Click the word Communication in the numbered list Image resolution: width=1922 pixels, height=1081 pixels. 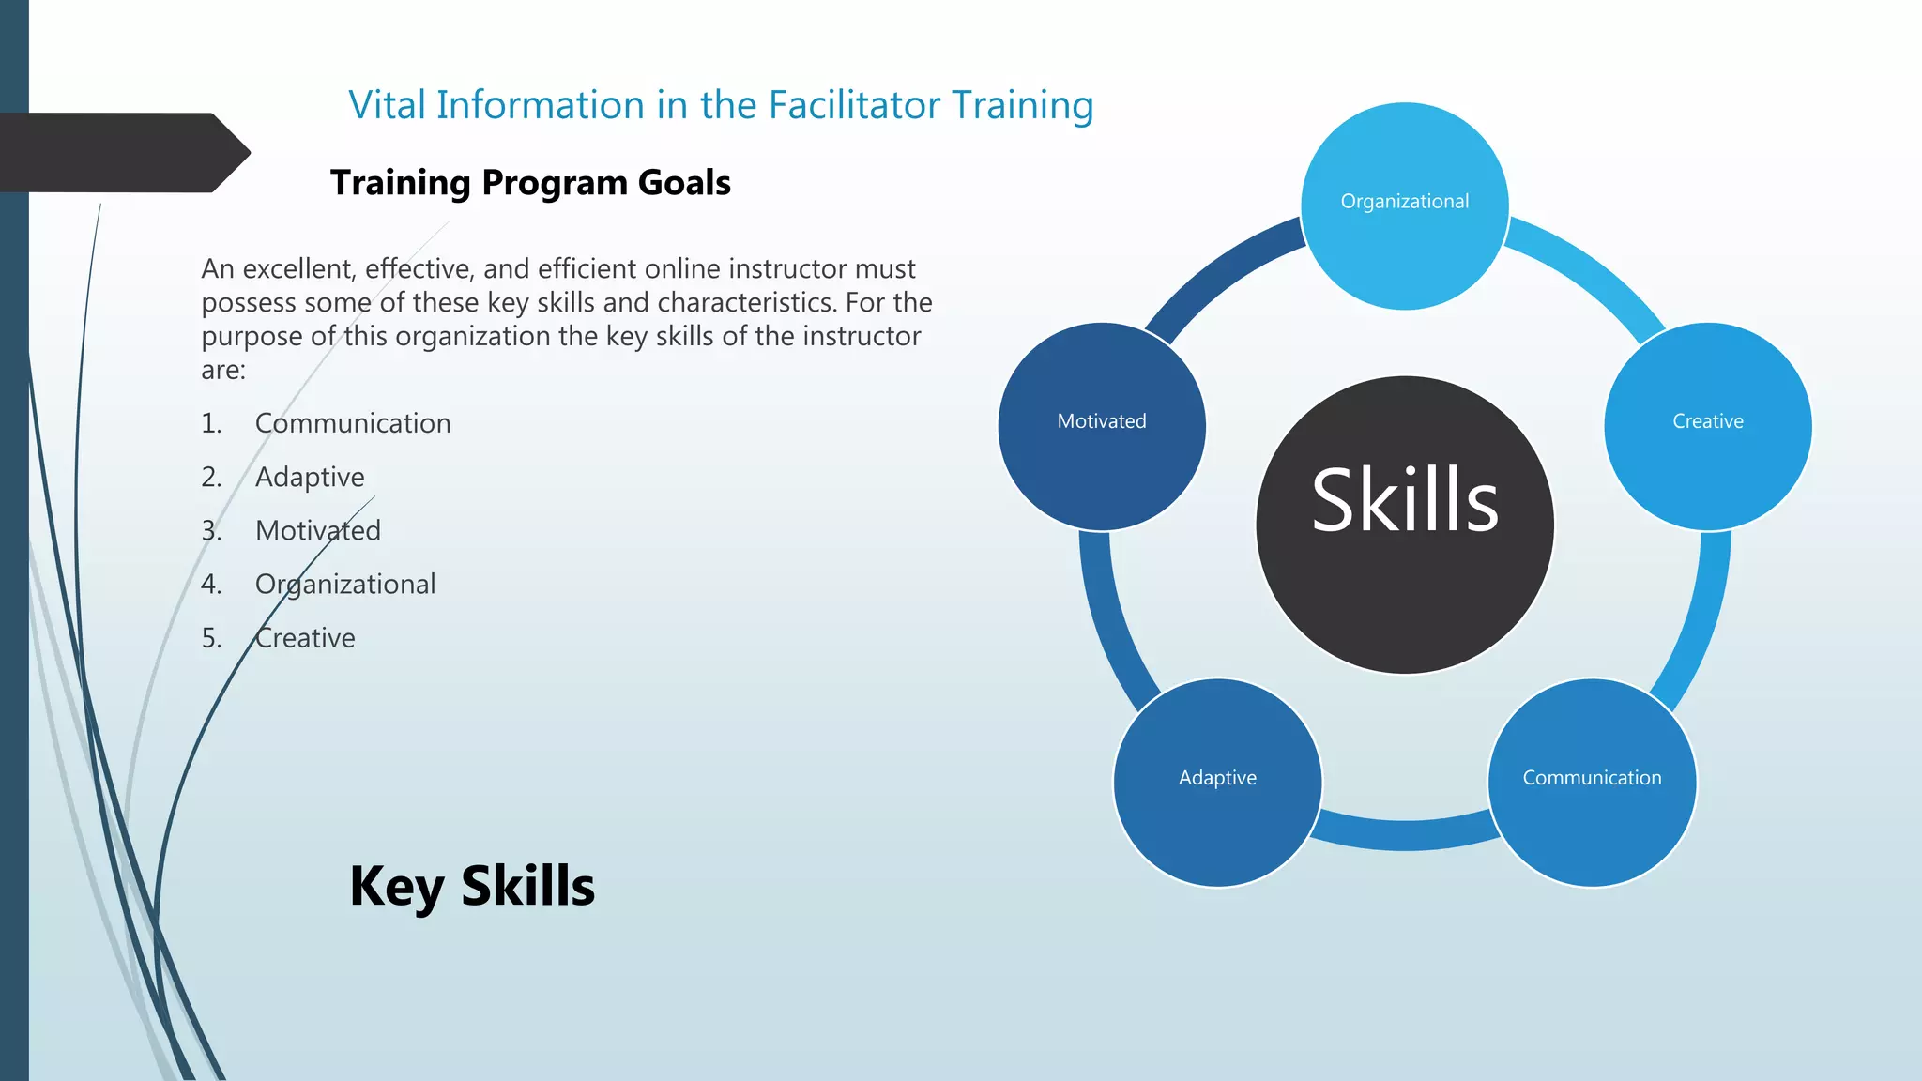pyautogui.click(x=353, y=423)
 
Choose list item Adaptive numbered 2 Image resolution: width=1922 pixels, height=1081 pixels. pyautogui.click(x=310, y=477)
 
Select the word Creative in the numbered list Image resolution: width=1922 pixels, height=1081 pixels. pyautogui.click(x=305, y=638)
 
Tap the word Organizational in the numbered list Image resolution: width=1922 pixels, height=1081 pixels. pyautogui.click(x=345, y=585)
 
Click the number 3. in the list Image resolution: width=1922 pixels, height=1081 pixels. pyautogui.click(x=211, y=531)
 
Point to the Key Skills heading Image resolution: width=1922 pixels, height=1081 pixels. pyautogui.click(x=472, y=886)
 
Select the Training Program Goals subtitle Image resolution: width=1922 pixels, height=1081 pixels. pyautogui.click(x=530, y=182)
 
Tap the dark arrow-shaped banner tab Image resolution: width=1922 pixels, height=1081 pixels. pyautogui.click(x=122, y=153)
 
